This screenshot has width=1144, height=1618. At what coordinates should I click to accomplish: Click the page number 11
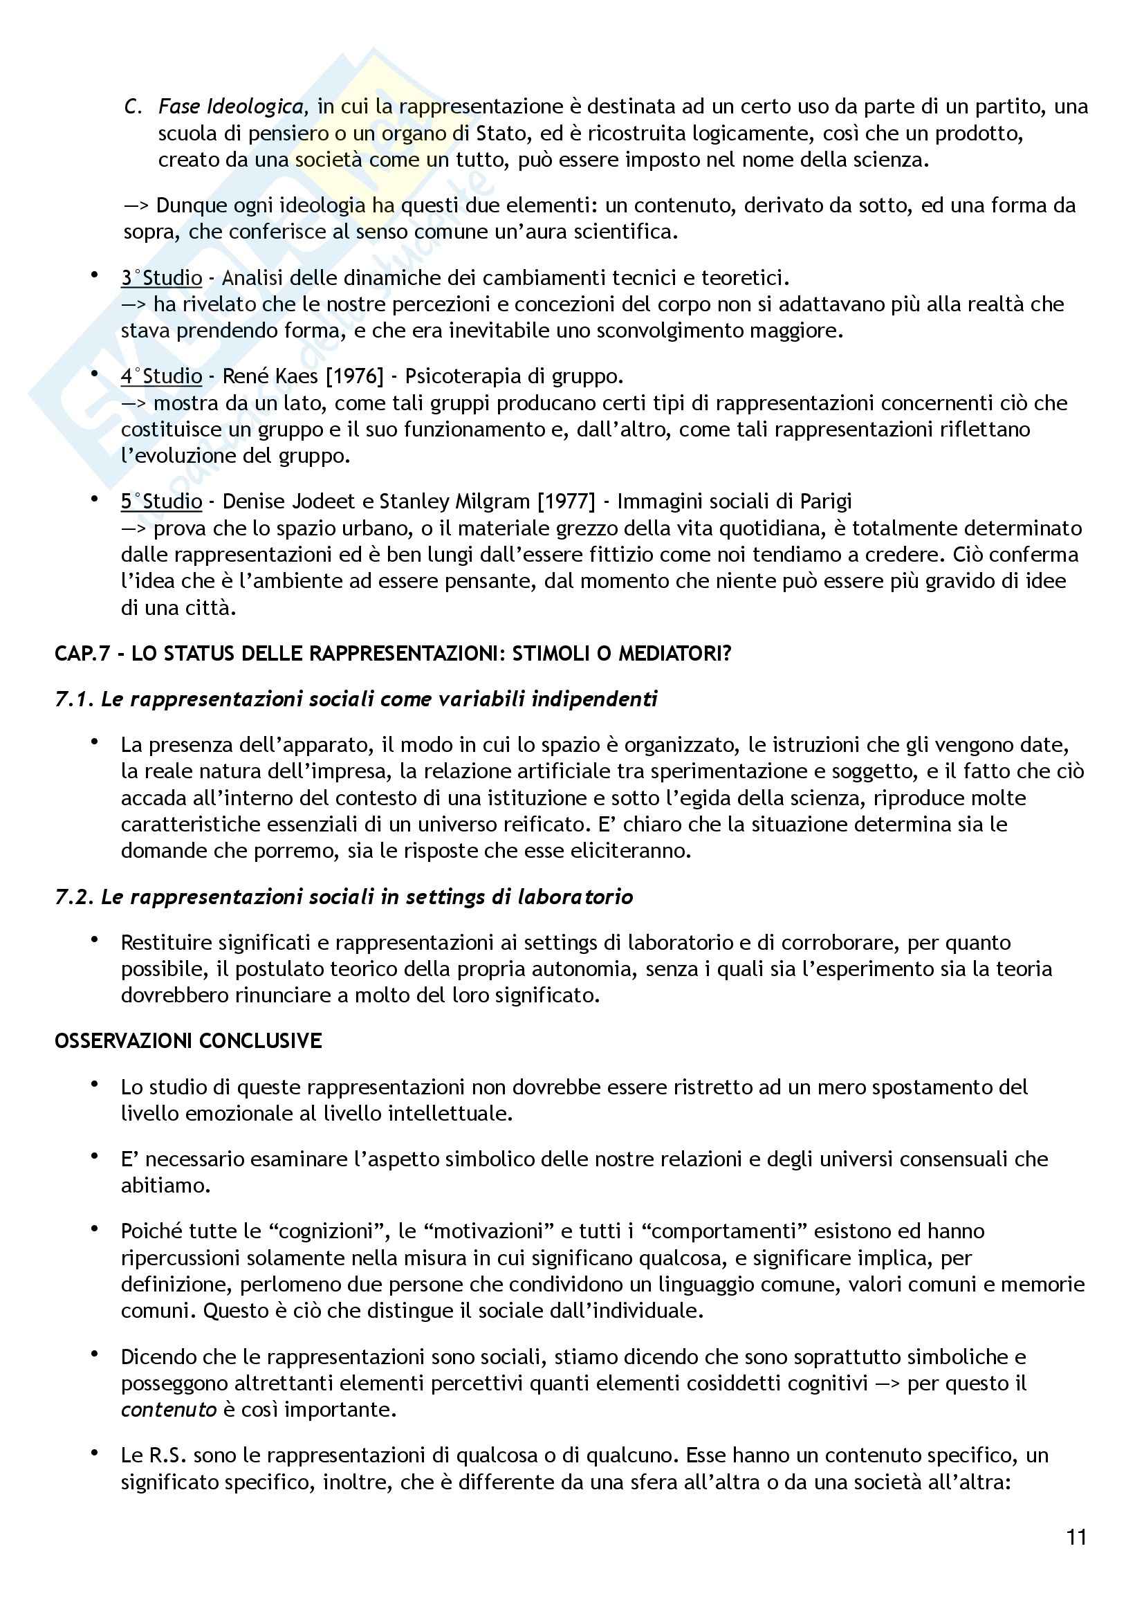[1077, 1536]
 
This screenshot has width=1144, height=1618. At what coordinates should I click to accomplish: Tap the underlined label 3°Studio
[161, 277]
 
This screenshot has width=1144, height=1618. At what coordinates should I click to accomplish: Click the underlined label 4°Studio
[161, 376]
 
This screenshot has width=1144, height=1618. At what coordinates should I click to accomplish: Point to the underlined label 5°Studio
[161, 501]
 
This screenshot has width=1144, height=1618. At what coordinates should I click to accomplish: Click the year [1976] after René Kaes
[354, 376]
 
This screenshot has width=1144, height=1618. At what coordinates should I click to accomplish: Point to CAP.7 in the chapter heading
[82, 653]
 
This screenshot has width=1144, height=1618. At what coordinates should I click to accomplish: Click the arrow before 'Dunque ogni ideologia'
[136, 205]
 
